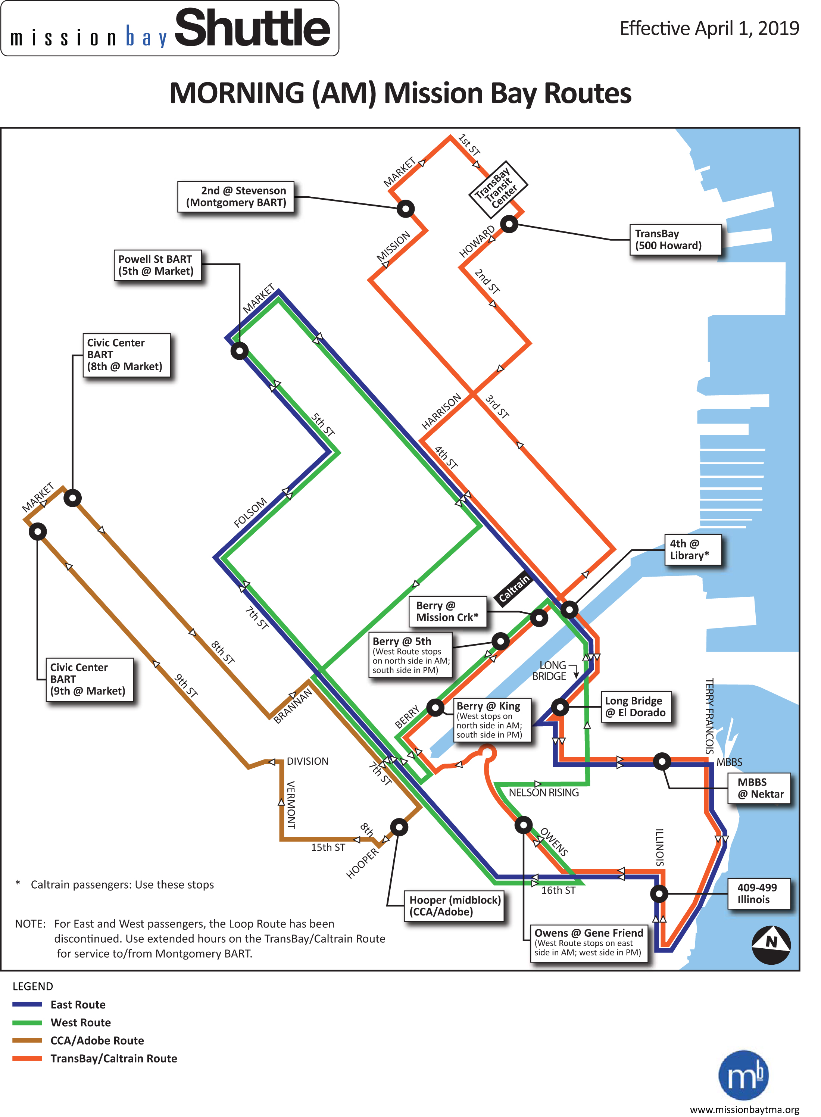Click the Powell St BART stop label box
157,265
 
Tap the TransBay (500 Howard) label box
675,240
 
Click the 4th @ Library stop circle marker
569,609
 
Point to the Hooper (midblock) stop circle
399,827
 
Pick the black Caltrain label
514,589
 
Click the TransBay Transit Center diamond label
498,189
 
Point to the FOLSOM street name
250,512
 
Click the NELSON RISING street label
544,793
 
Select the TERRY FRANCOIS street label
710,716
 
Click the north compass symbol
771,945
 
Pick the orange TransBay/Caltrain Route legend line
27,1058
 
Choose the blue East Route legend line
27,1004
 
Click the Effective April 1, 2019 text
710,28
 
